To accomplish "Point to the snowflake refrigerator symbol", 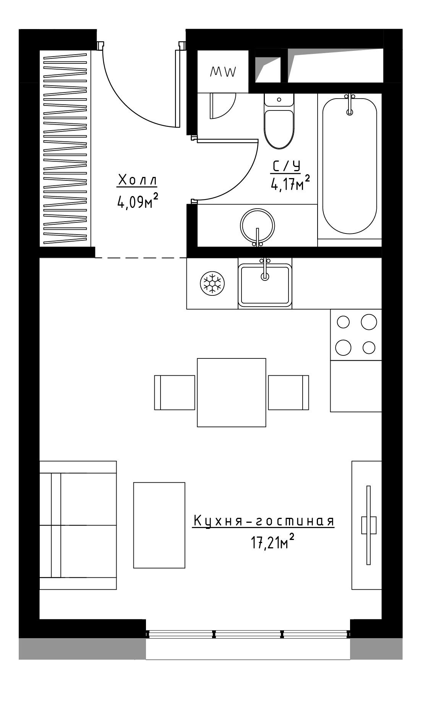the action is click(x=212, y=283).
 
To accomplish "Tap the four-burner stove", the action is click(x=356, y=334).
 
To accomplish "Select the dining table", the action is click(x=232, y=392).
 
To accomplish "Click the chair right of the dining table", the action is click(x=289, y=392).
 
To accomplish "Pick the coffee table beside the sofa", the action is click(x=159, y=525).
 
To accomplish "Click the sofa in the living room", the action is click(x=78, y=525).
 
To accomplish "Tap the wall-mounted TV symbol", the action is click(x=368, y=525).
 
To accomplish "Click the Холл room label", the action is click(x=137, y=181).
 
